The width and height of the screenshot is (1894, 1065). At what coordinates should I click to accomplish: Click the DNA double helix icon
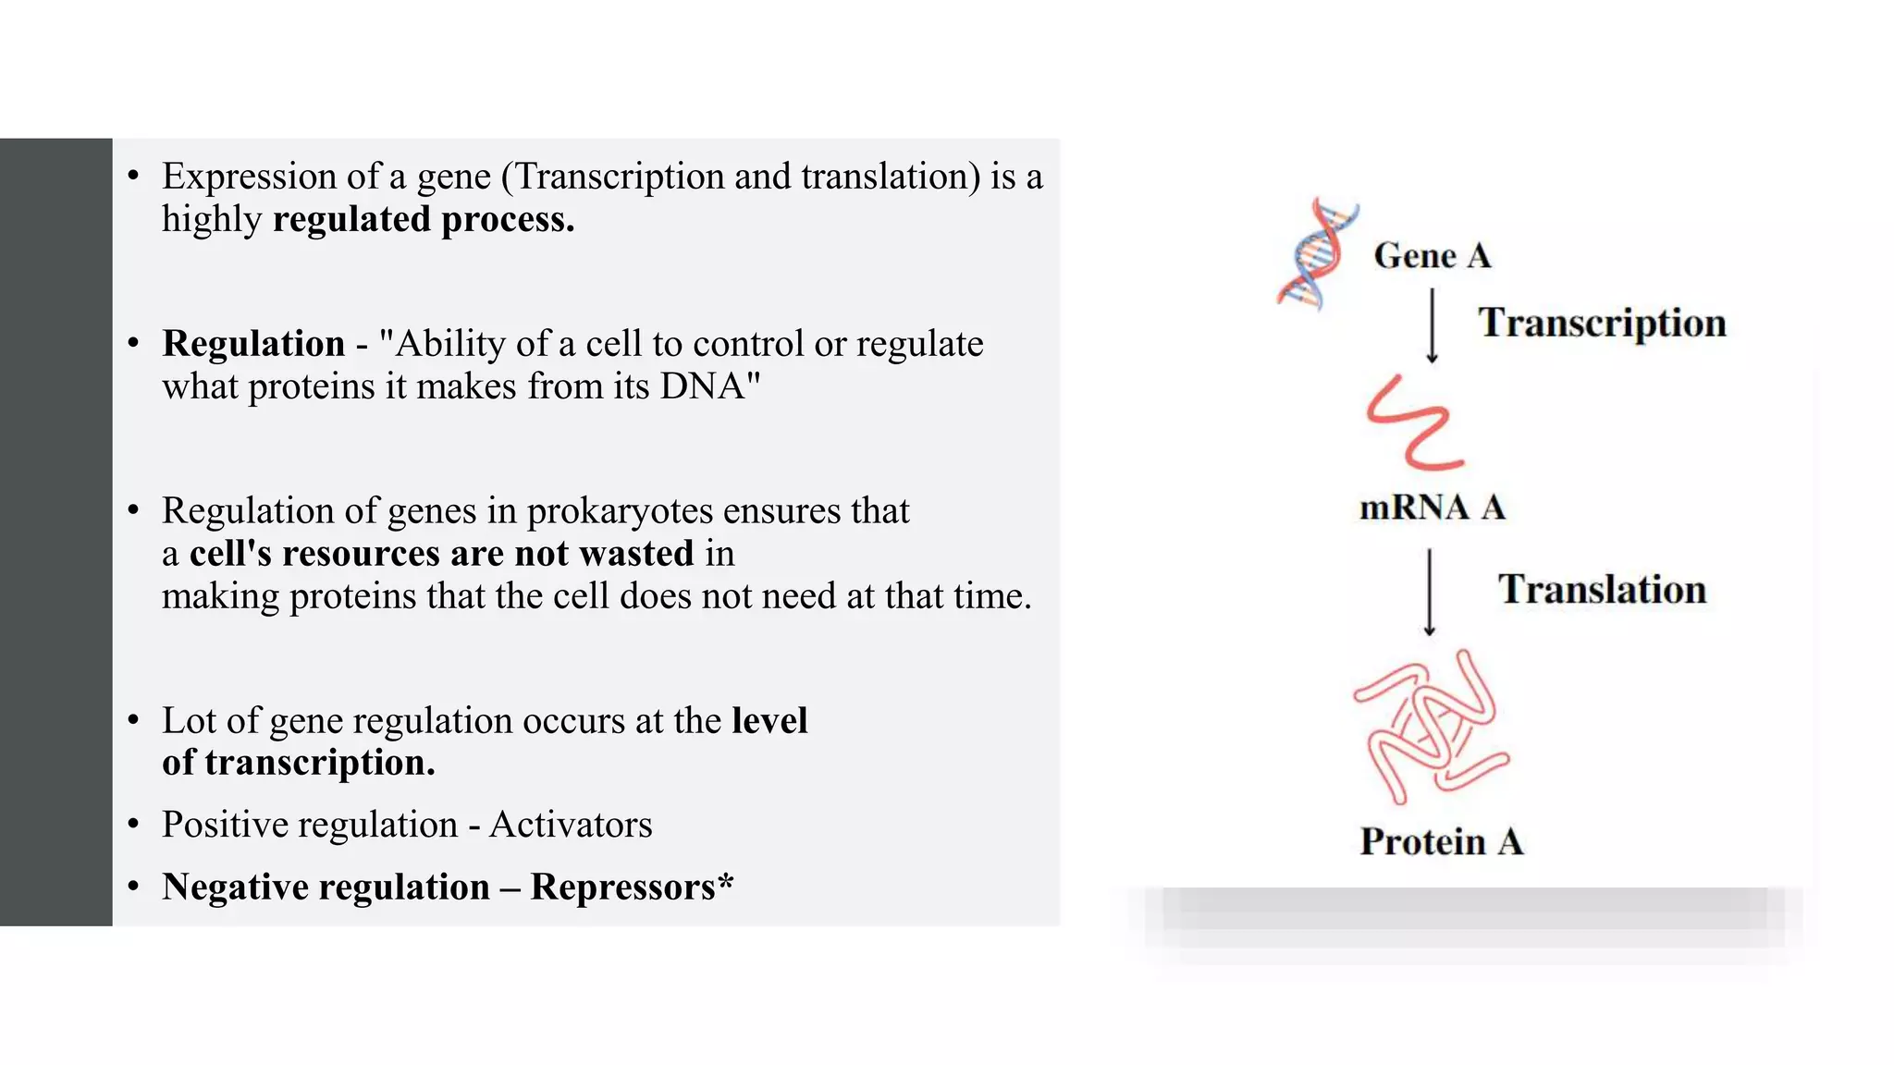[1317, 254]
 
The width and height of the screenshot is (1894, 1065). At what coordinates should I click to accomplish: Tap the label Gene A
[1432, 256]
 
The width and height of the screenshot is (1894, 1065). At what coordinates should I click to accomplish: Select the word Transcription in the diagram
[1602, 323]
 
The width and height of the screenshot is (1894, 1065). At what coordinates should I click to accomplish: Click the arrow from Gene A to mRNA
[1432, 325]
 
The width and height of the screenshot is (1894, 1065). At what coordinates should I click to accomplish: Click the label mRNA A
[1432, 508]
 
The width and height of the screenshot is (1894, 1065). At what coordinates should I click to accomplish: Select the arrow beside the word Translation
[1429, 592]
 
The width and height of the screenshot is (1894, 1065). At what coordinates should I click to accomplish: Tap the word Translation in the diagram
[1602, 590]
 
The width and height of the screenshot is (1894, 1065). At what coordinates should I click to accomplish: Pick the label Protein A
[1441, 842]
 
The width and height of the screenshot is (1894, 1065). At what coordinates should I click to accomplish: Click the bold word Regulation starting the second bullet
[253, 344]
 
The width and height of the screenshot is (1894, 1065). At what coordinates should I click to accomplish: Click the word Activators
[571, 825]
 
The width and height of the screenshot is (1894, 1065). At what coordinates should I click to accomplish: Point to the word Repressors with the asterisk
[632, 887]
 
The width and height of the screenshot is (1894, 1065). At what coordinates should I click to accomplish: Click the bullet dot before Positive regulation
[134, 824]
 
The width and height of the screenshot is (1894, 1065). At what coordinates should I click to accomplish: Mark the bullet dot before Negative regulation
[134, 887]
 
